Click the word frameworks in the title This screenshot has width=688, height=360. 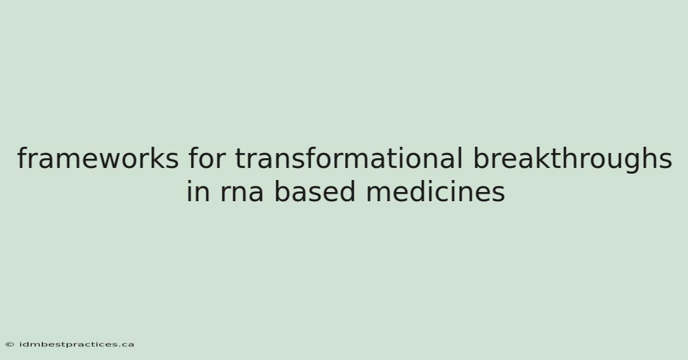pyautogui.click(x=97, y=158)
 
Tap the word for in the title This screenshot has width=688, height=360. pyautogui.click(x=207, y=158)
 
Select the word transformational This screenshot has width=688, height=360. pyautogui.click(x=349, y=158)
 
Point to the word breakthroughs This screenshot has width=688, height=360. pyautogui.click(x=573, y=160)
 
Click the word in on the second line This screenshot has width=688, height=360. pyautogui.click(x=198, y=191)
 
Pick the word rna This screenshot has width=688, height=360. pyautogui.click(x=242, y=194)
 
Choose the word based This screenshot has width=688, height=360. pyautogui.click(x=315, y=191)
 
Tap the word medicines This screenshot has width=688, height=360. pyautogui.click(x=436, y=191)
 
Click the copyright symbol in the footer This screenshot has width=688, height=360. pyautogui.click(x=10, y=345)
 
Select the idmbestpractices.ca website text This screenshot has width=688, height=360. pyautogui.click(x=76, y=345)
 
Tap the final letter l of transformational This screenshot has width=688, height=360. pyautogui.click(x=460, y=158)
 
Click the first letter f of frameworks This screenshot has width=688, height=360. pyautogui.click(x=22, y=158)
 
